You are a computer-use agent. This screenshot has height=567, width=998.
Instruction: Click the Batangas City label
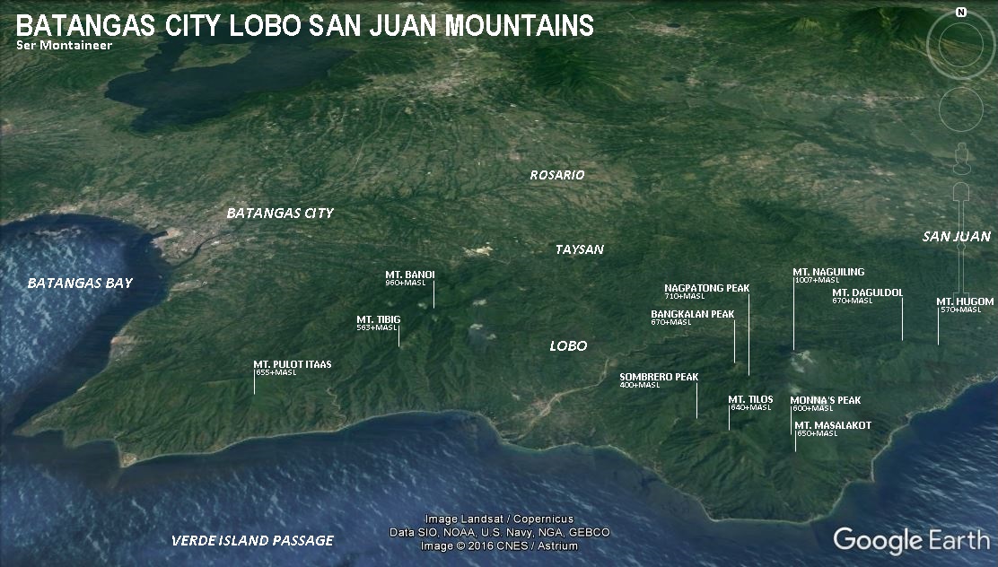pyautogui.click(x=279, y=214)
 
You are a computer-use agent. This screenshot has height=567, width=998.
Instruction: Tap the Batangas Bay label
pyautogui.click(x=80, y=283)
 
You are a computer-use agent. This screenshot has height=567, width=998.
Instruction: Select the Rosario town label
pyautogui.click(x=556, y=175)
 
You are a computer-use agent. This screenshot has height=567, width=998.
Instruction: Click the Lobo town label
pyautogui.click(x=568, y=345)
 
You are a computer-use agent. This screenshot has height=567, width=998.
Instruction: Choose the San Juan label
pyautogui.click(x=957, y=237)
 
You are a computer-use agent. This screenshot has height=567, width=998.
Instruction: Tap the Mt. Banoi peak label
pyautogui.click(x=410, y=275)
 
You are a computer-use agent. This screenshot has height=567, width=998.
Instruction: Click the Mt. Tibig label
pyautogui.click(x=378, y=319)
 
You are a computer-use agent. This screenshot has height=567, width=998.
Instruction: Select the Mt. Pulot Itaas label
pyautogui.click(x=292, y=364)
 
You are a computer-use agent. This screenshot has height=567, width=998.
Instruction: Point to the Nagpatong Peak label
pyautogui.click(x=706, y=288)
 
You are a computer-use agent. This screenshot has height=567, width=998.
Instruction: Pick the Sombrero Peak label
pyautogui.click(x=659, y=377)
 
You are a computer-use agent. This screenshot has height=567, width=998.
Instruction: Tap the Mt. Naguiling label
pyautogui.click(x=827, y=272)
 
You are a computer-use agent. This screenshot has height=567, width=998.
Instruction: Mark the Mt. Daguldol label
pyautogui.click(x=867, y=292)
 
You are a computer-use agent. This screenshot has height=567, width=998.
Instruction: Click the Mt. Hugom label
pyautogui.click(x=965, y=301)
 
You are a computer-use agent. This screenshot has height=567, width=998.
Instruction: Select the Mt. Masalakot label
pyautogui.click(x=832, y=425)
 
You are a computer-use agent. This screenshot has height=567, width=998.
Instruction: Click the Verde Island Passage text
pyautogui.click(x=252, y=540)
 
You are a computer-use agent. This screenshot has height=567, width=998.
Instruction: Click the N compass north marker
pyautogui.click(x=960, y=13)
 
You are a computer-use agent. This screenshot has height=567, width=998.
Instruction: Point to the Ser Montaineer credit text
pyautogui.click(x=64, y=45)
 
